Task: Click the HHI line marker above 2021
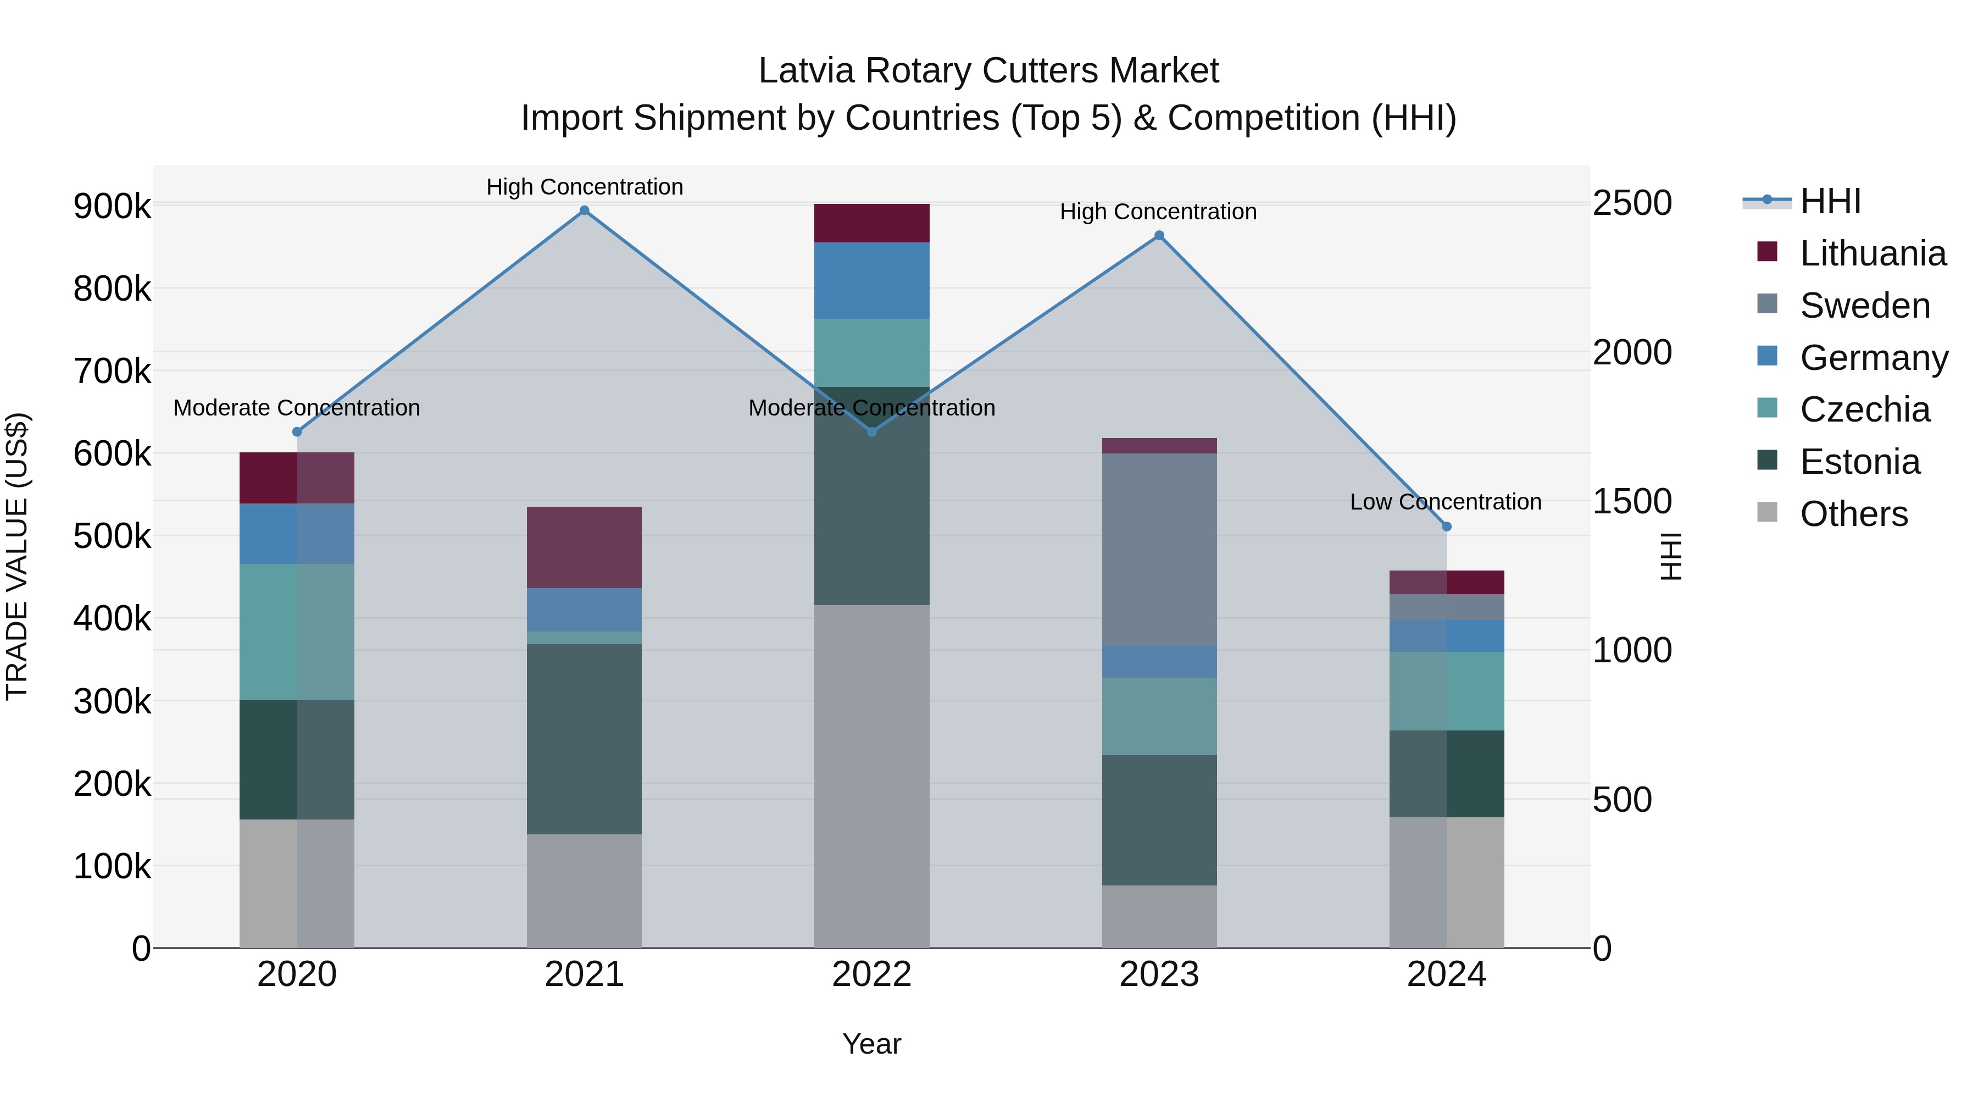(585, 211)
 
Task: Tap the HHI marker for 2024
(1447, 527)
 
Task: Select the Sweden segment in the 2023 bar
(1159, 549)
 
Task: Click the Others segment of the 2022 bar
(871, 776)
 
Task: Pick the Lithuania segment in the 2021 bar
(585, 547)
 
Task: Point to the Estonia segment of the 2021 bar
(585, 739)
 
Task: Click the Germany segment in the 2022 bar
(871, 280)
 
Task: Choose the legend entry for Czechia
(1864, 409)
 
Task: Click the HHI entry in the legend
(1830, 201)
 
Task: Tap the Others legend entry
(1854, 514)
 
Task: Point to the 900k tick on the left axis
(112, 207)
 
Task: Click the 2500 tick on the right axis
(1632, 203)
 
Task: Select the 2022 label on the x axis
(871, 974)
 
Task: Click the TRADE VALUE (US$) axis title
(17, 556)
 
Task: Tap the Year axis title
(871, 1044)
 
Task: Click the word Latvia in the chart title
(805, 71)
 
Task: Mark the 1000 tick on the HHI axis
(1632, 651)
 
